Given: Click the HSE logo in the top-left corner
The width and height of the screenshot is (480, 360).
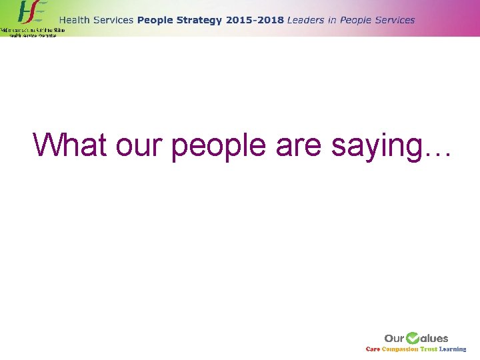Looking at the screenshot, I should coord(30,13).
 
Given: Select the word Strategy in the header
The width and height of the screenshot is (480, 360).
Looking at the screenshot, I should coord(199,20).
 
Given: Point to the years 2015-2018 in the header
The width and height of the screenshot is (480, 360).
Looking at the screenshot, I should coord(255,20).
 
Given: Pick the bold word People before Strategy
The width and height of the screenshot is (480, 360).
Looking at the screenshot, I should coord(156,20).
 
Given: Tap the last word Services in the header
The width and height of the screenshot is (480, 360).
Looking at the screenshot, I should coord(393,20).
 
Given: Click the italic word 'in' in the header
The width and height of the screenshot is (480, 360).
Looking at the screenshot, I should coord(333,20).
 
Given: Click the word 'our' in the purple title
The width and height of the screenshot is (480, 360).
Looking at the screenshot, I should coord(141,145).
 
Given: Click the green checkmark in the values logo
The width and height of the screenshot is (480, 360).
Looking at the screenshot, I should coord(413,338).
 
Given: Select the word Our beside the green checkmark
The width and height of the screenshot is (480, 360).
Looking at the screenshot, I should coord(395,339).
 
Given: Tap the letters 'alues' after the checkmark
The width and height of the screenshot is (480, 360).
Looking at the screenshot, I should coord(435,339).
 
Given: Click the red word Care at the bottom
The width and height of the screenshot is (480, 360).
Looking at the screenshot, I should coord(373,349).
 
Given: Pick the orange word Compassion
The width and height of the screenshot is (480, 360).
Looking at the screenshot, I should coord(400,349).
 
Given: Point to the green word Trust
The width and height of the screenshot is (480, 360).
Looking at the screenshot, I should coord(429,349).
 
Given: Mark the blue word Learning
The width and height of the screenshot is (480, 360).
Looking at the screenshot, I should coord(453,349).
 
